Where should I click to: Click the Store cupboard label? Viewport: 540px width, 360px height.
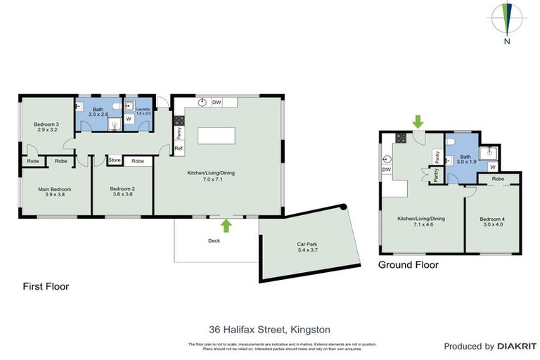click(x=115, y=161)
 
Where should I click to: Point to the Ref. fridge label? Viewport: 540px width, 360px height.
click(x=179, y=148)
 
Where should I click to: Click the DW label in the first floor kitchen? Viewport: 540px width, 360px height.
click(x=217, y=103)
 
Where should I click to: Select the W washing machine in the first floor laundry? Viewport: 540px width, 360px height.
click(x=129, y=119)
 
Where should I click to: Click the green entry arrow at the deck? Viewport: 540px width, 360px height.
click(x=226, y=225)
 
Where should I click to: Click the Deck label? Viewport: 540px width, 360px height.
click(x=214, y=240)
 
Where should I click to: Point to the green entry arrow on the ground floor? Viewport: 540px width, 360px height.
click(x=418, y=122)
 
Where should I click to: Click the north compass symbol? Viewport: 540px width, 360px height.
click(x=506, y=20)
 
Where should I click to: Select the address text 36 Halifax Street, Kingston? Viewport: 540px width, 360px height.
click(x=269, y=329)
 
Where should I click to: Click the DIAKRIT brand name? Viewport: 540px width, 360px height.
click(x=517, y=347)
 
